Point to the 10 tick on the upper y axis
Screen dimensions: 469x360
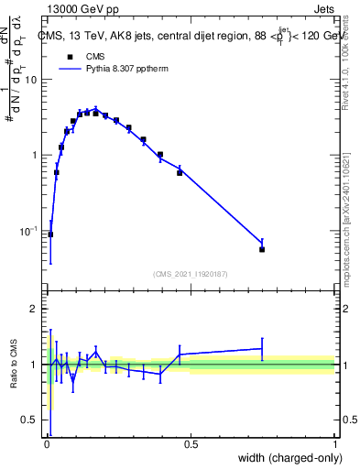pos(32,80)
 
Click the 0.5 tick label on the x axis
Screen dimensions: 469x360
pos(191,444)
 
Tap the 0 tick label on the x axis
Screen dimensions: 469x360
pos(47,444)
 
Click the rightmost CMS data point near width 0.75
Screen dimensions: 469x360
pos(262,249)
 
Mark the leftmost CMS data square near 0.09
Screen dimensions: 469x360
pos(50,234)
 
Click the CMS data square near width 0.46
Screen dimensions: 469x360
pos(180,172)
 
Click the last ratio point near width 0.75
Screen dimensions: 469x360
pos(262,348)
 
